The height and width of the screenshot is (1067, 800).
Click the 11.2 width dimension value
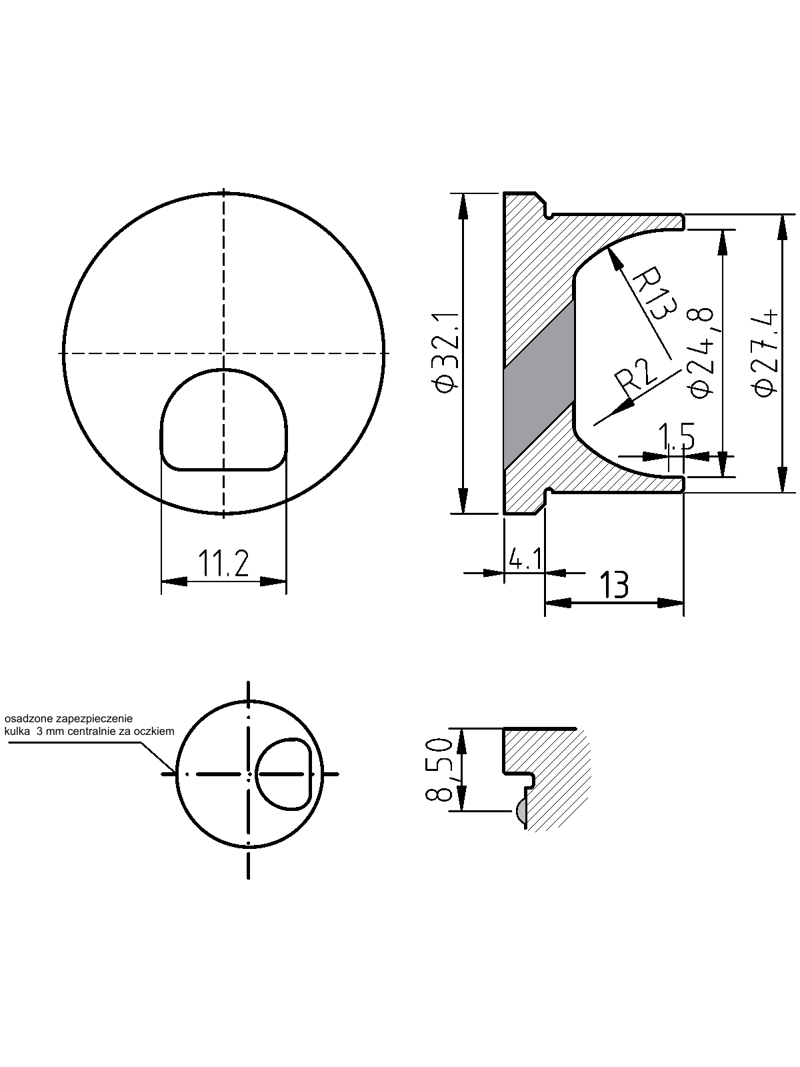(223, 564)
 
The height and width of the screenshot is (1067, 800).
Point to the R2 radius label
(635, 379)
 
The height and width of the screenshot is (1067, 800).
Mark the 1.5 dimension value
(677, 437)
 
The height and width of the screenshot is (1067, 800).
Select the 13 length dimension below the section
(615, 585)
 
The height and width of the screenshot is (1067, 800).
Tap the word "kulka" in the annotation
(17, 731)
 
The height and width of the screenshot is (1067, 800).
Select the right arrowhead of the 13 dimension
(670, 603)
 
